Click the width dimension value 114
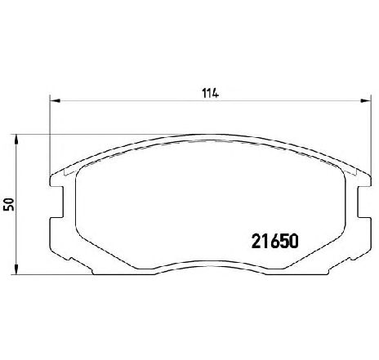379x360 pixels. [x=210, y=93]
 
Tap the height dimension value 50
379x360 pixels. [x=9, y=204]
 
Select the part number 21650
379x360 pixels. [x=275, y=241]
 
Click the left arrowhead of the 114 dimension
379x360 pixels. [x=55, y=101]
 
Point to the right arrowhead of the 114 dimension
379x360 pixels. [x=366, y=101]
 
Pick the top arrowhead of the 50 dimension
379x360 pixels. [x=16, y=139]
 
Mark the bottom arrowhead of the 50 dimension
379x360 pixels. [x=16, y=269]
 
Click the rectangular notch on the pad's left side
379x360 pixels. [x=57, y=202]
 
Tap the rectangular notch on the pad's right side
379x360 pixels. [x=364, y=202]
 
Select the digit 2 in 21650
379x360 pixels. [x=256, y=241]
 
